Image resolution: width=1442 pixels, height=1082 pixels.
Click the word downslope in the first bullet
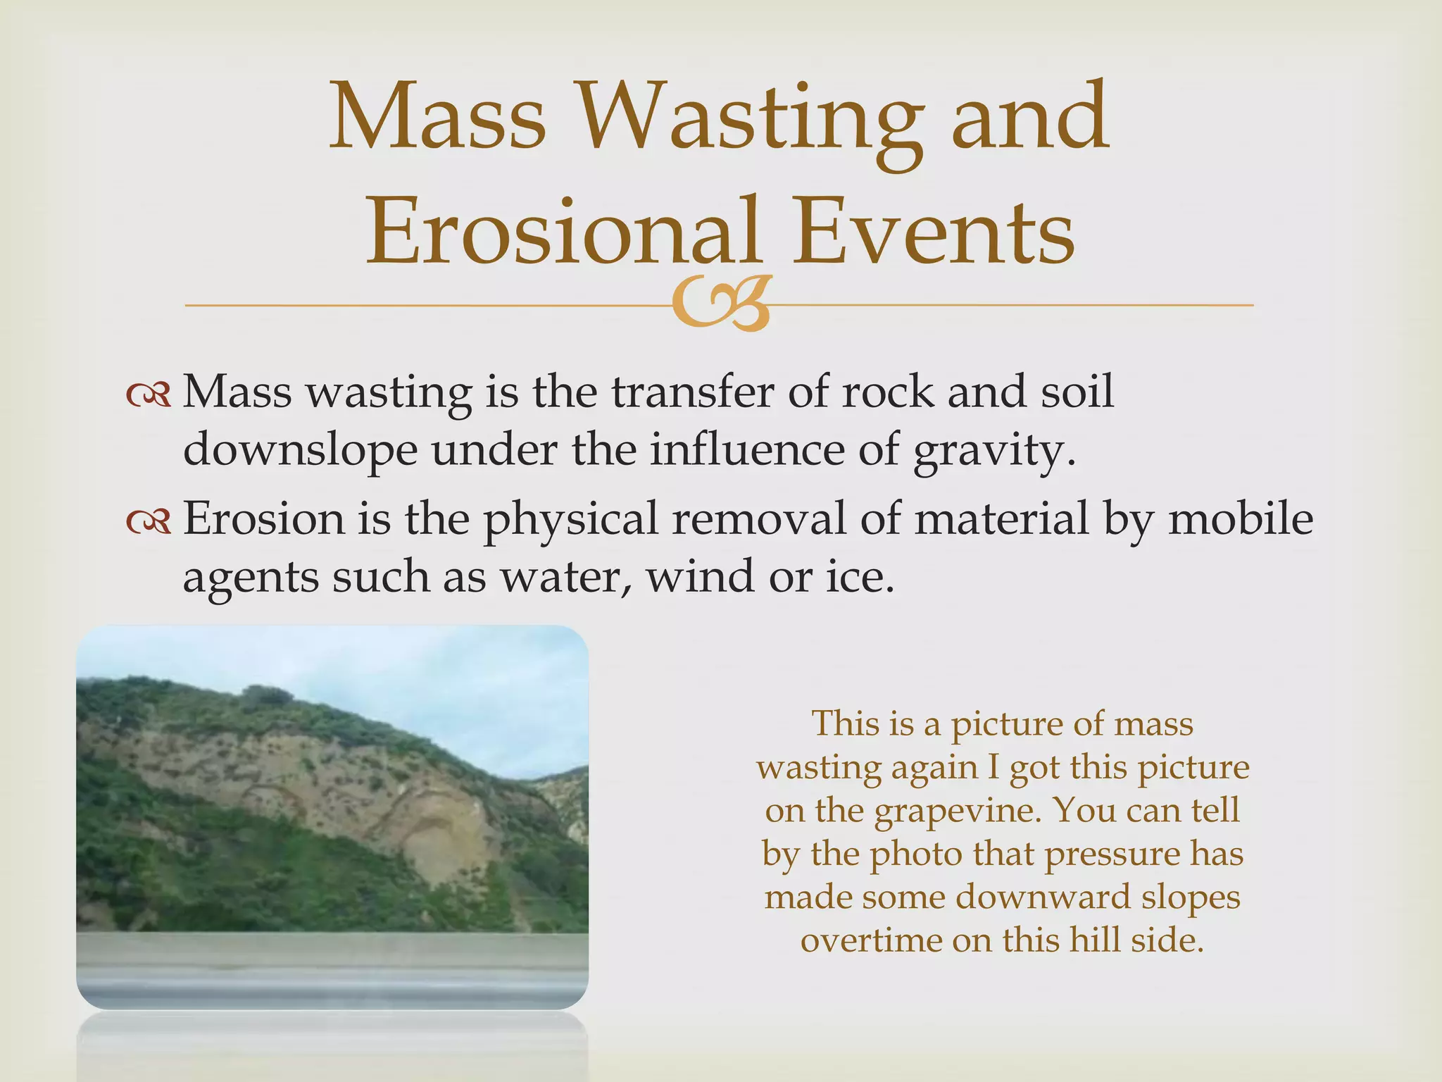click(x=300, y=451)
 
